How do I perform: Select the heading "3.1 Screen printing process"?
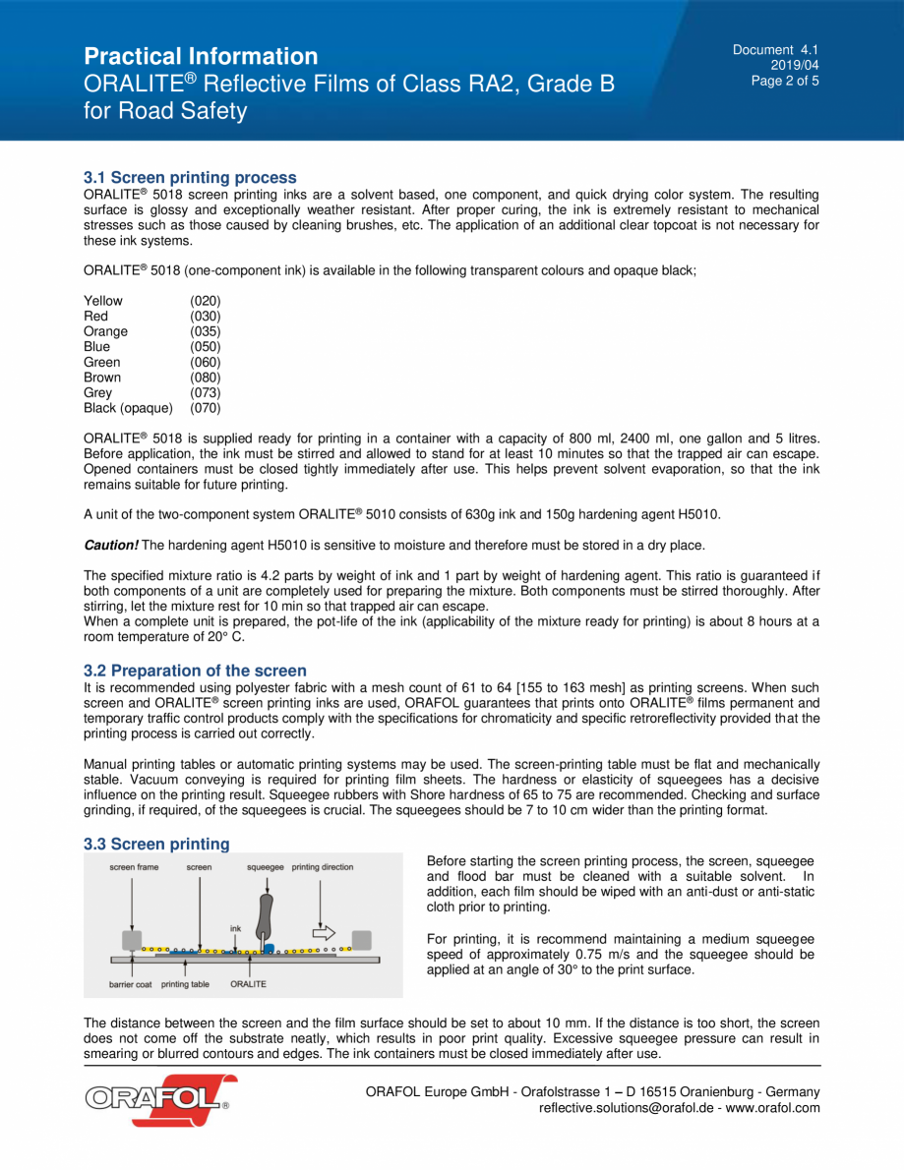coord(190,178)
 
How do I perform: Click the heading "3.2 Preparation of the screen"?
coord(195,671)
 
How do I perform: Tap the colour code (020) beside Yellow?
coord(206,301)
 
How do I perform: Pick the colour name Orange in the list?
coord(105,331)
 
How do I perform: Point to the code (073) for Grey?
coord(206,392)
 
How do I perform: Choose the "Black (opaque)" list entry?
coord(128,408)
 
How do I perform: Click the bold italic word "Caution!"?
coord(111,545)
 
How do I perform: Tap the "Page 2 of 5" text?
coord(785,82)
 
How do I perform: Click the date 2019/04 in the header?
coord(801,66)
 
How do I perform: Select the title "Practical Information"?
coord(201,56)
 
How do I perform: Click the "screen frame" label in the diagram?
coord(134,867)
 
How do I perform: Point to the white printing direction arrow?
coord(323,933)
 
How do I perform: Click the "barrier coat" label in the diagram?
coord(130,984)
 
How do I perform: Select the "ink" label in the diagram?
coord(235,928)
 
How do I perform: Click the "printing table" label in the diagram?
coord(185,984)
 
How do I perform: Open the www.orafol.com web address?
coord(772,1108)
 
